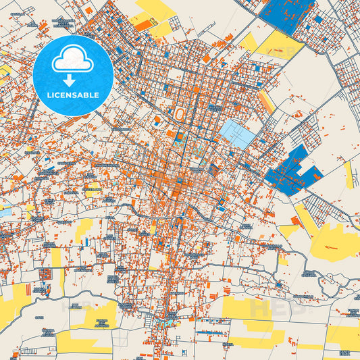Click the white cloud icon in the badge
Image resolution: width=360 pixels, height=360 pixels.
[73, 60]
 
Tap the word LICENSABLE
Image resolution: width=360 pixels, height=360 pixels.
[73, 95]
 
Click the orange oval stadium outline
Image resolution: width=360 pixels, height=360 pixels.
[179, 115]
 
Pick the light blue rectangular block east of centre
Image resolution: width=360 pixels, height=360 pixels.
[238, 134]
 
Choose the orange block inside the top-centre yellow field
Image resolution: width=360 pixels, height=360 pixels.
[143, 23]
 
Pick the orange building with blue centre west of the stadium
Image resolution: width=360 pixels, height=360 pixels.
[157, 120]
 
